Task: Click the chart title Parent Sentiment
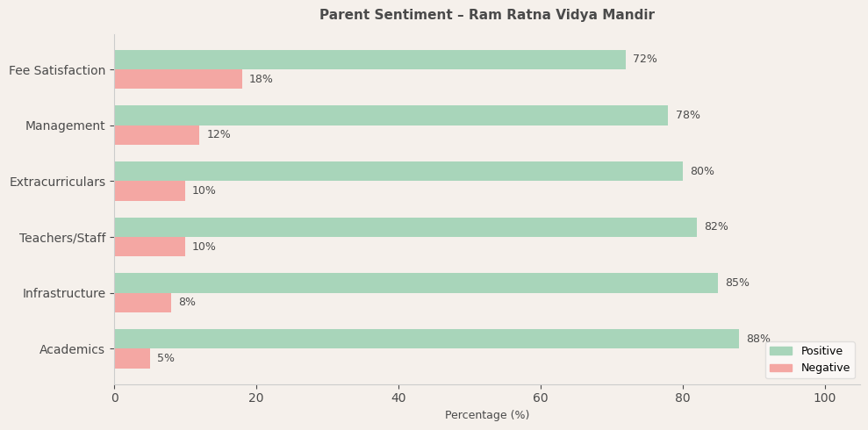click(486, 15)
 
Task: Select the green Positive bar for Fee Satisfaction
click(369, 60)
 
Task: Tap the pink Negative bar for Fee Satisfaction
click(178, 79)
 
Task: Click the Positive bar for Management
click(391, 115)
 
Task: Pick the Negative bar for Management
click(156, 135)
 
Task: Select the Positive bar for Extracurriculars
click(398, 171)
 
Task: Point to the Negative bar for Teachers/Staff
click(149, 247)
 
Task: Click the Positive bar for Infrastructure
click(416, 283)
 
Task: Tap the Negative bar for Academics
click(132, 358)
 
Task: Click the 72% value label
click(644, 60)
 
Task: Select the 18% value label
click(261, 79)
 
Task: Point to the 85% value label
click(736, 283)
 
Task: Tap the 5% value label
click(165, 358)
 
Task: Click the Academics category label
click(72, 349)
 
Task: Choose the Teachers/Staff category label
click(62, 238)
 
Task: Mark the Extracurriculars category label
click(57, 182)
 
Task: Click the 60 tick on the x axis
click(541, 398)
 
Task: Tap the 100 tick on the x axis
click(824, 398)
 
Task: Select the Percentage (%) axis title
click(486, 415)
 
